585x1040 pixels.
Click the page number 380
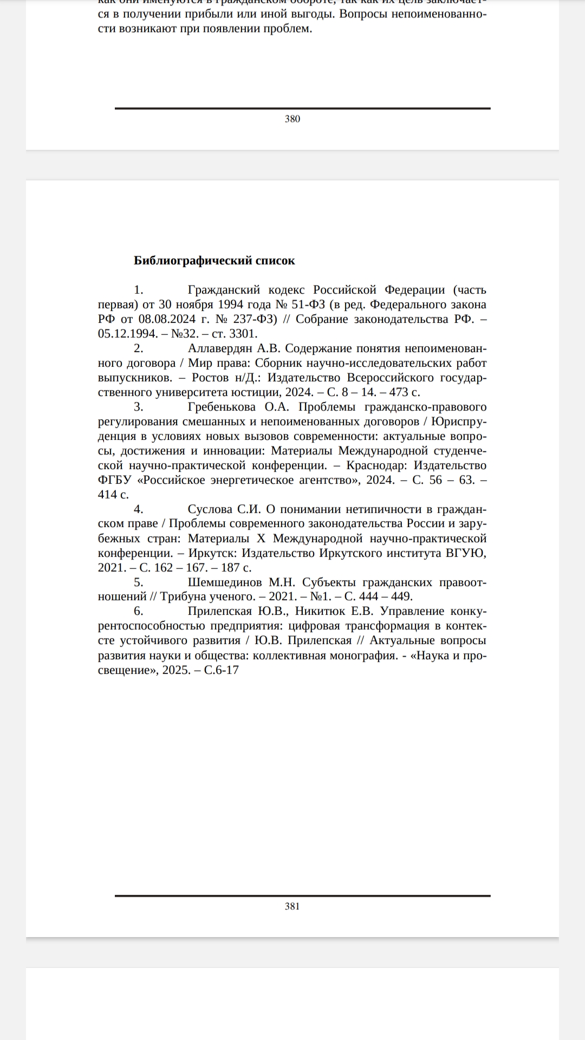[x=292, y=119]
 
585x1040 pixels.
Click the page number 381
[x=292, y=906]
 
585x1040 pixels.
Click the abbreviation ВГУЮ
[x=465, y=553]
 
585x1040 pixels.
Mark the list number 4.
[x=139, y=509]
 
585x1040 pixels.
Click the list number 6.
[x=139, y=612]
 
